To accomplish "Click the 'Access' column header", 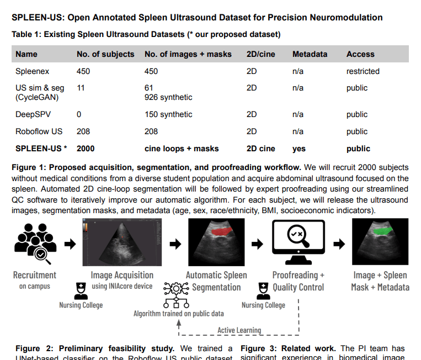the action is coord(360,54).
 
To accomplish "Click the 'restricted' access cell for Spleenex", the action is coord(363,71).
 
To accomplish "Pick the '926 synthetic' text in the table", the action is coord(168,97).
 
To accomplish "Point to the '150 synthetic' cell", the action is coord(168,114).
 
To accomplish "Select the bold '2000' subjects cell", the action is coord(86,149).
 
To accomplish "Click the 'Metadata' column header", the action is coord(310,54).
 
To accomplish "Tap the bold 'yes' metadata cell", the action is coord(299,149).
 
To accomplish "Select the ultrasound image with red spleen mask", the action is coord(216,242).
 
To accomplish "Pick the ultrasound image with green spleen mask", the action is coord(380,242).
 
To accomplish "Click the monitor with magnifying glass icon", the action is coord(298,242).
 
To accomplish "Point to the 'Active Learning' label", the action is coord(239,330).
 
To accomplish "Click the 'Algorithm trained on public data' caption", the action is coord(178,314).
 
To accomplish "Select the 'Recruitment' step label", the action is coord(34,275).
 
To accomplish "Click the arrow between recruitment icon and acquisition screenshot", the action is coord(70,243).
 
